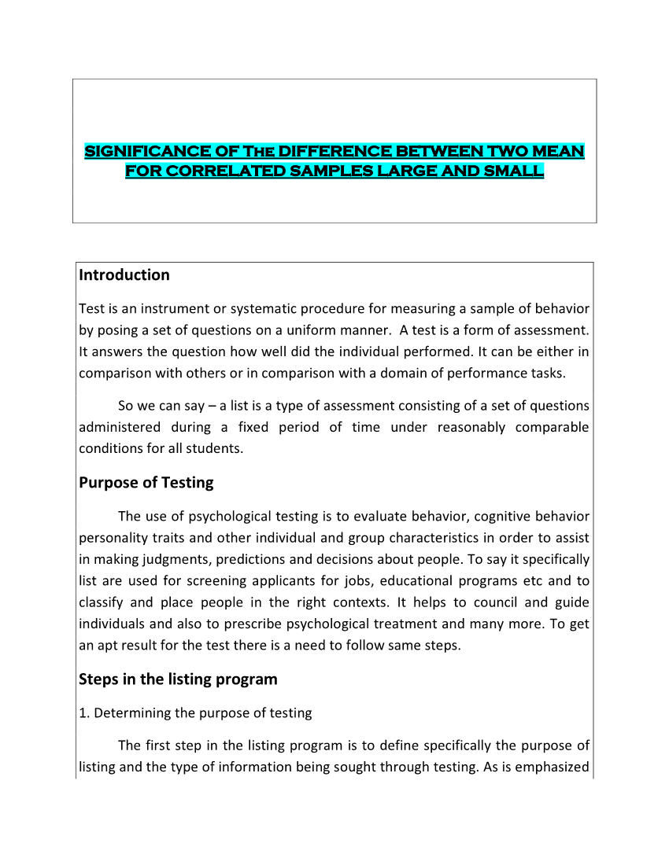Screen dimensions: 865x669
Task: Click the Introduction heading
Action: pos(124,275)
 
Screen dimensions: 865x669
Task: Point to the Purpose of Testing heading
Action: pos(146,483)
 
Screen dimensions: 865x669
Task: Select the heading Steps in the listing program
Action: pos(178,679)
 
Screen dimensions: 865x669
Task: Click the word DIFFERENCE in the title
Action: pos(334,151)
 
